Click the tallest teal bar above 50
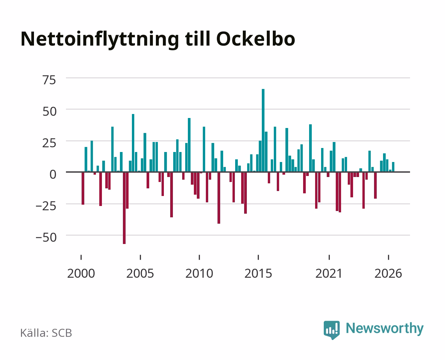[x=263, y=130]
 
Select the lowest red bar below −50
[x=124, y=208]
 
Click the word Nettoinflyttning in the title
[x=100, y=40]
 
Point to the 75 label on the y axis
[x=49, y=80]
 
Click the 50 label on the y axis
[x=50, y=111]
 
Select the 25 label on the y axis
[x=49, y=143]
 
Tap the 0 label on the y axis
[x=53, y=174]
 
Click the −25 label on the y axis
[x=46, y=206]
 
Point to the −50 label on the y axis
[x=46, y=237]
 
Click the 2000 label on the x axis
[x=81, y=273]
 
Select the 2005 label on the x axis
[x=140, y=273]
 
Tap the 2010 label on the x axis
[x=199, y=273]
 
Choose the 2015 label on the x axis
[x=258, y=273]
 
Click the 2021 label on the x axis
[x=329, y=273]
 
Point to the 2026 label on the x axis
[x=388, y=273]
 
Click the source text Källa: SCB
[x=46, y=333]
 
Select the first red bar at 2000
[x=83, y=188]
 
